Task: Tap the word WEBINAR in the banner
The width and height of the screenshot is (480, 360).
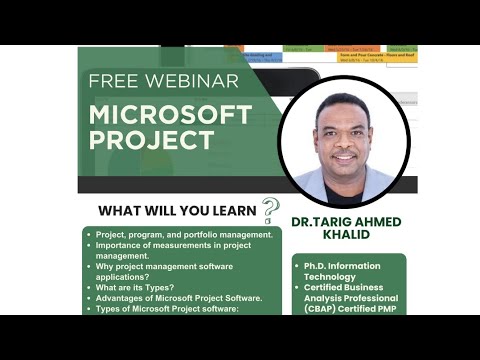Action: [x=190, y=81]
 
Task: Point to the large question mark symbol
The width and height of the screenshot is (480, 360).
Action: [x=270, y=208]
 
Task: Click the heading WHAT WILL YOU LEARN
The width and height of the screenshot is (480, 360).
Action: [x=177, y=211]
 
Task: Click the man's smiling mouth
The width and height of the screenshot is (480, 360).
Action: [x=345, y=157]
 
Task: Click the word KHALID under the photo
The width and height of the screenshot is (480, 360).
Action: [x=348, y=234]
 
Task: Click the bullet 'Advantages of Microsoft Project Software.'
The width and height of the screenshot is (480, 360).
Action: [x=179, y=299]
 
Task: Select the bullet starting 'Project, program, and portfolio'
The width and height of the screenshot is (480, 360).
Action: [x=185, y=235]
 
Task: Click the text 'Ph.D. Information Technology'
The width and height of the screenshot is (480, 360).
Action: [x=345, y=271]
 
